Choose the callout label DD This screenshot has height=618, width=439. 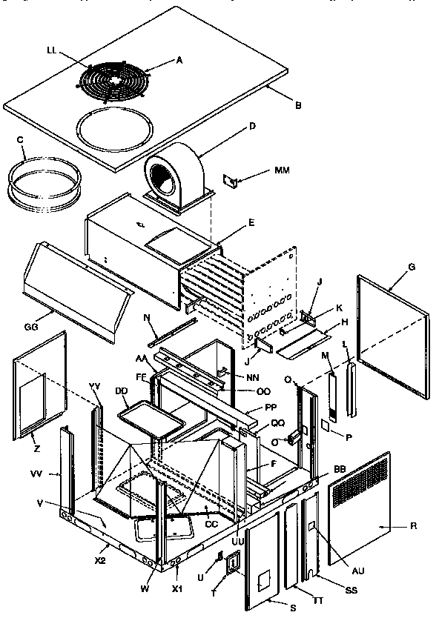pyautogui.click(x=120, y=391)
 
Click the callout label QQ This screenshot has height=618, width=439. pyautogui.click(x=257, y=424)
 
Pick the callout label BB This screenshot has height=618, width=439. pyautogui.click(x=340, y=471)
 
